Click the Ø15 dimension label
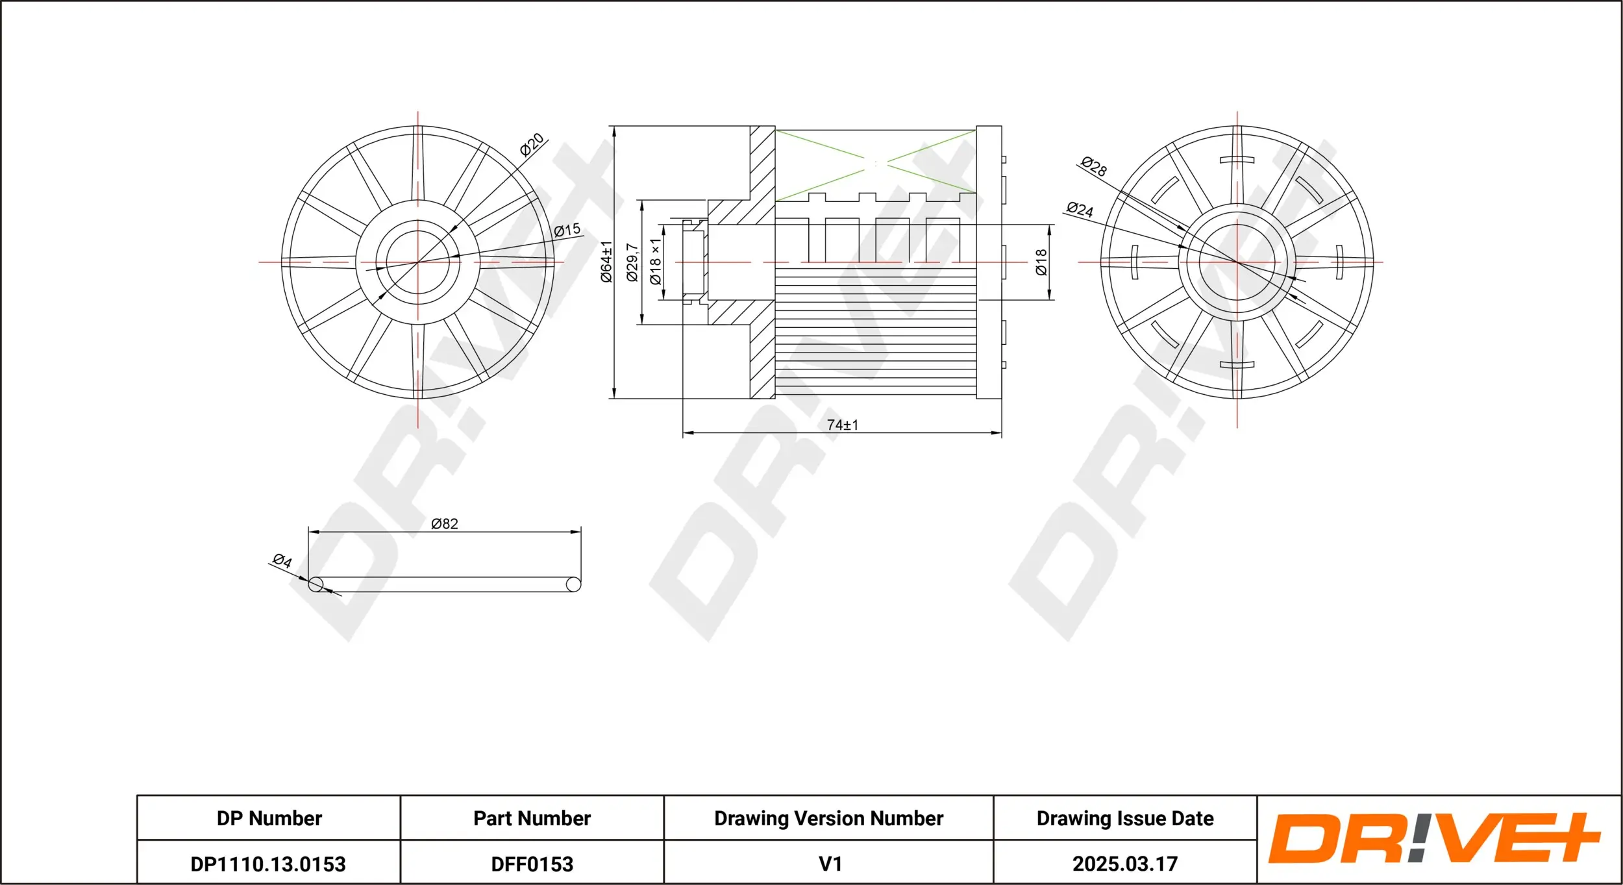click(567, 230)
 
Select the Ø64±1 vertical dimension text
click(606, 261)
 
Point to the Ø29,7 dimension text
click(632, 262)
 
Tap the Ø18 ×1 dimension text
click(655, 261)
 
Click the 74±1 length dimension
click(842, 425)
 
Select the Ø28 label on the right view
click(1094, 166)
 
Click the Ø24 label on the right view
click(1080, 209)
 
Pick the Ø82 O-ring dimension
click(445, 523)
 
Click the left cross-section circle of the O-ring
click(316, 584)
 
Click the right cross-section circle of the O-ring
click(573, 584)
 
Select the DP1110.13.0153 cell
click(268, 864)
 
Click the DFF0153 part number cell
click(532, 864)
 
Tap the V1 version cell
click(830, 864)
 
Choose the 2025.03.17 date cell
click(1124, 864)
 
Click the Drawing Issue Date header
click(1124, 818)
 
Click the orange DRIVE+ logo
click(1435, 839)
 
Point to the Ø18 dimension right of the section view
click(1041, 262)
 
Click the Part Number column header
click(532, 818)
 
